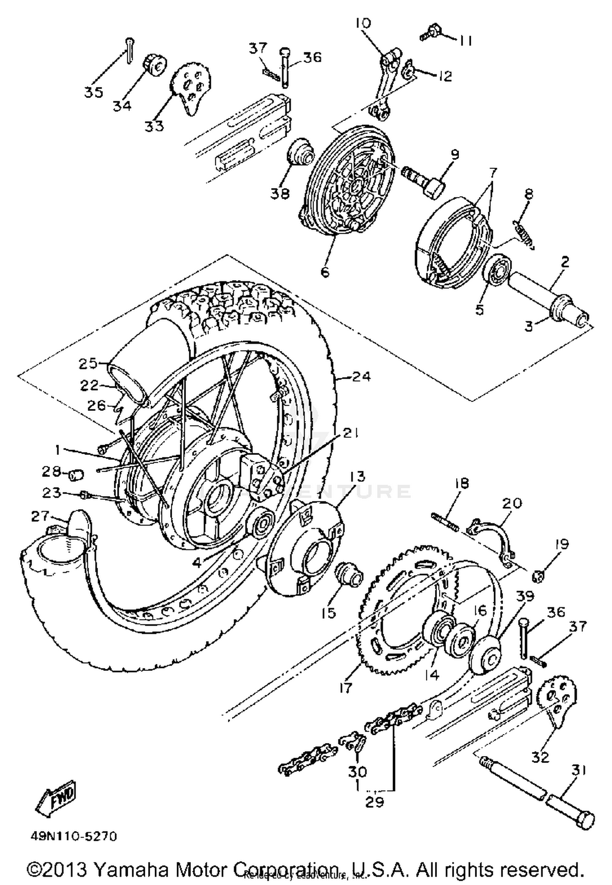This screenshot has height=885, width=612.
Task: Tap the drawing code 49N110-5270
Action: [73, 836]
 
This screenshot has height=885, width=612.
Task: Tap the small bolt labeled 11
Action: [428, 35]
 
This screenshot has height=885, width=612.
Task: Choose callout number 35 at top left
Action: [94, 92]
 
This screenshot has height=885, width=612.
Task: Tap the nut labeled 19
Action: [539, 577]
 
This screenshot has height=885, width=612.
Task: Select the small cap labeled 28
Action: [76, 475]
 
